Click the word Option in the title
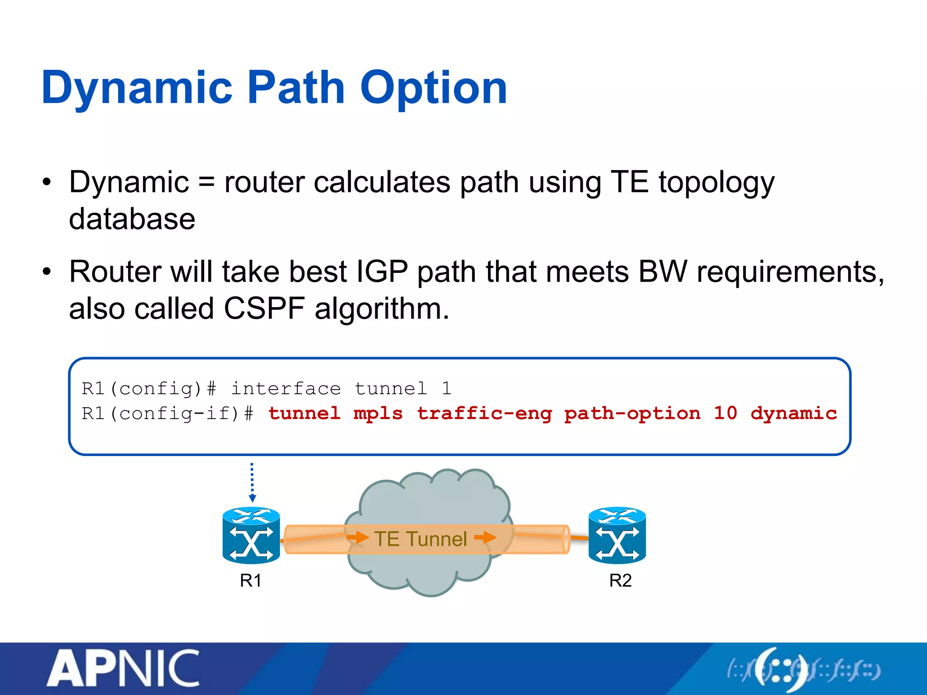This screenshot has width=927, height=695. (x=433, y=88)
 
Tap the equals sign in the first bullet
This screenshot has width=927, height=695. (x=206, y=183)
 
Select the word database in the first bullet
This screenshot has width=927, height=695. (x=132, y=219)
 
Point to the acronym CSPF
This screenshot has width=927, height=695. (x=264, y=309)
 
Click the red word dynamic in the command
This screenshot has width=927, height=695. (x=793, y=414)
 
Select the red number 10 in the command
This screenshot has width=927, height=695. (x=725, y=414)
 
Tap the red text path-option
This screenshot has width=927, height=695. (x=632, y=414)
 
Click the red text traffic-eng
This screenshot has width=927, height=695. (x=484, y=414)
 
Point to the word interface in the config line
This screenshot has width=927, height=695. (x=286, y=389)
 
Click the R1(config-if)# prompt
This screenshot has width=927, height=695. (x=167, y=414)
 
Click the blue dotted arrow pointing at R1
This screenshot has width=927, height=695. (x=252, y=482)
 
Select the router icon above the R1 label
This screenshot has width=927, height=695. (x=251, y=536)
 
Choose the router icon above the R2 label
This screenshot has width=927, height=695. (x=617, y=536)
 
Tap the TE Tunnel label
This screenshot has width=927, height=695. (x=420, y=539)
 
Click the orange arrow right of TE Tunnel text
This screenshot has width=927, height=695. (x=485, y=538)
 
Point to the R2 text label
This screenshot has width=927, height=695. (x=620, y=581)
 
